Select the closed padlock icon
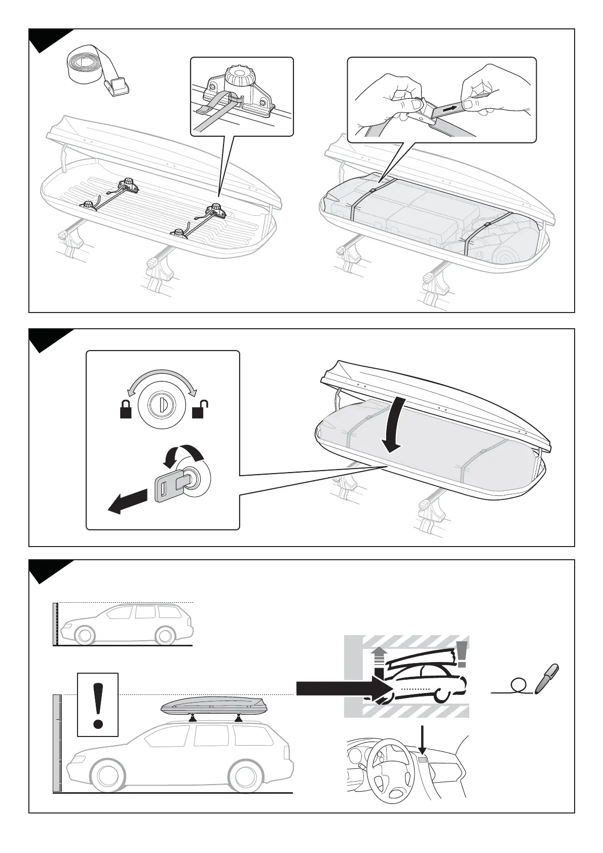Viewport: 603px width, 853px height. coord(125,409)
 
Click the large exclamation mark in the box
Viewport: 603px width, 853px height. coord(98,704)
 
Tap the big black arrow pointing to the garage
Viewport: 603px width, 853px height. coord(340,688)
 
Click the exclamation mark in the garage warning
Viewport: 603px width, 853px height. coord(461,654)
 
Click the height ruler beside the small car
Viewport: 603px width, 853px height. coord(56,624)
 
